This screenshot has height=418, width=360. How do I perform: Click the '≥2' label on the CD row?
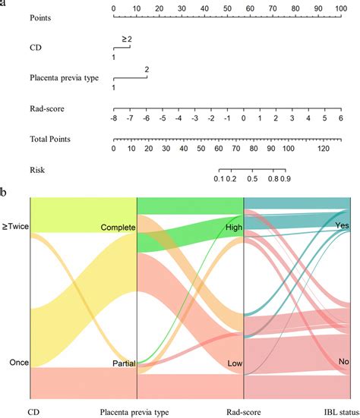(126, 38)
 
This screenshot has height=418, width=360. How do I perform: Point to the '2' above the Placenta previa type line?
(147, 69)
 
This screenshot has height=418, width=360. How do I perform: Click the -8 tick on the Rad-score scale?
(113, 118)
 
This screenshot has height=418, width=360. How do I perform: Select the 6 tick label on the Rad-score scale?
(340, 118)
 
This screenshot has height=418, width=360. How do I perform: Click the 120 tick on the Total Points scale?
(322, 149)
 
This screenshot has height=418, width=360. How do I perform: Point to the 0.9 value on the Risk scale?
(286, 179)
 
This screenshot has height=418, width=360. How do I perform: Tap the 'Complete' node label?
(117, 228)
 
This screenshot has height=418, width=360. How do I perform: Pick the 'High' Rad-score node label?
(233, 227)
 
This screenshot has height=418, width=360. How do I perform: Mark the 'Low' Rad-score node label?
(234, 364)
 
